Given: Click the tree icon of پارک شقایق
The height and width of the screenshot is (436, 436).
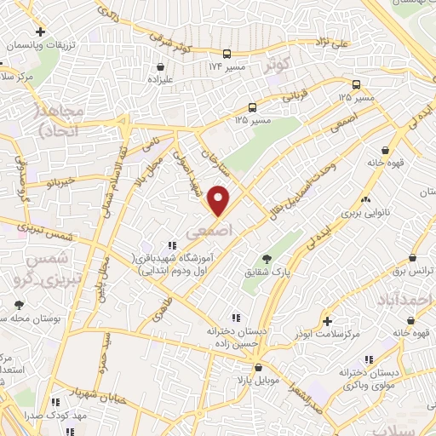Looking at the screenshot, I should [267, 258].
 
